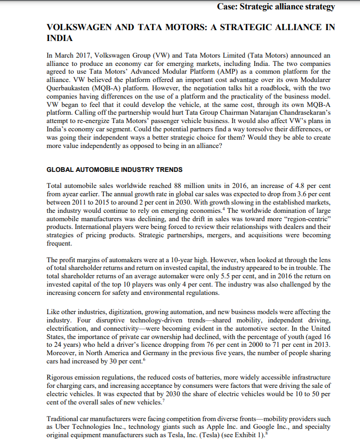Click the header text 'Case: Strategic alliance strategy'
pyautogui.click(x=276, y=7)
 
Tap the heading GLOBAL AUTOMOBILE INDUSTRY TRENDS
pyautogui.click(x=114, y=170)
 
